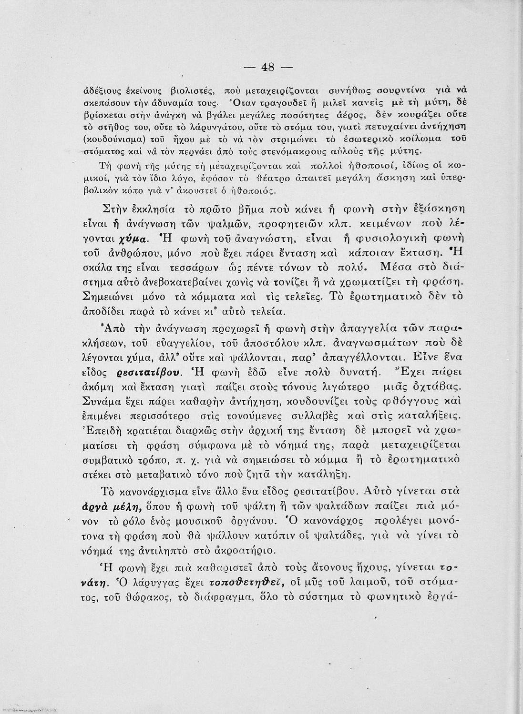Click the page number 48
[x=267, y=67]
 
